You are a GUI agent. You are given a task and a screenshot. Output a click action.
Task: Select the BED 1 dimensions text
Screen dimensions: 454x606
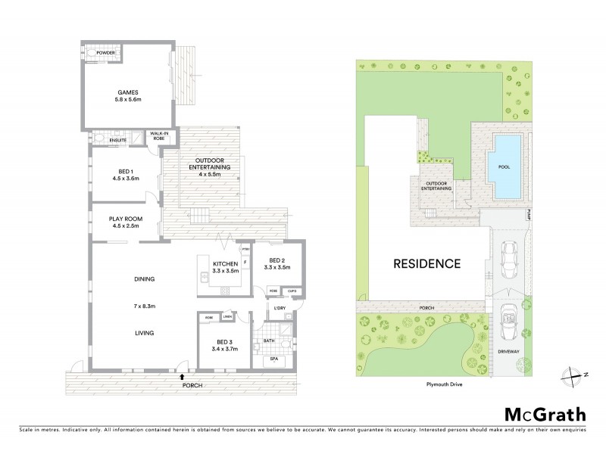pyautogui.click(x=123, y=180)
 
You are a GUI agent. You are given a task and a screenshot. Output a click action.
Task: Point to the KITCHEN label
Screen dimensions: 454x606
pyautogui.click(x=225, y=263)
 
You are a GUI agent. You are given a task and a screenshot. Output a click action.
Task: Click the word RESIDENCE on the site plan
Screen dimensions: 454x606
pyautogui.click(x=426, y=264)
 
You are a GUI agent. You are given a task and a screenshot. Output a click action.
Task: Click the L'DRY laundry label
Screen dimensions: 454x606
pyautogui.click(x=277, y=309)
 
